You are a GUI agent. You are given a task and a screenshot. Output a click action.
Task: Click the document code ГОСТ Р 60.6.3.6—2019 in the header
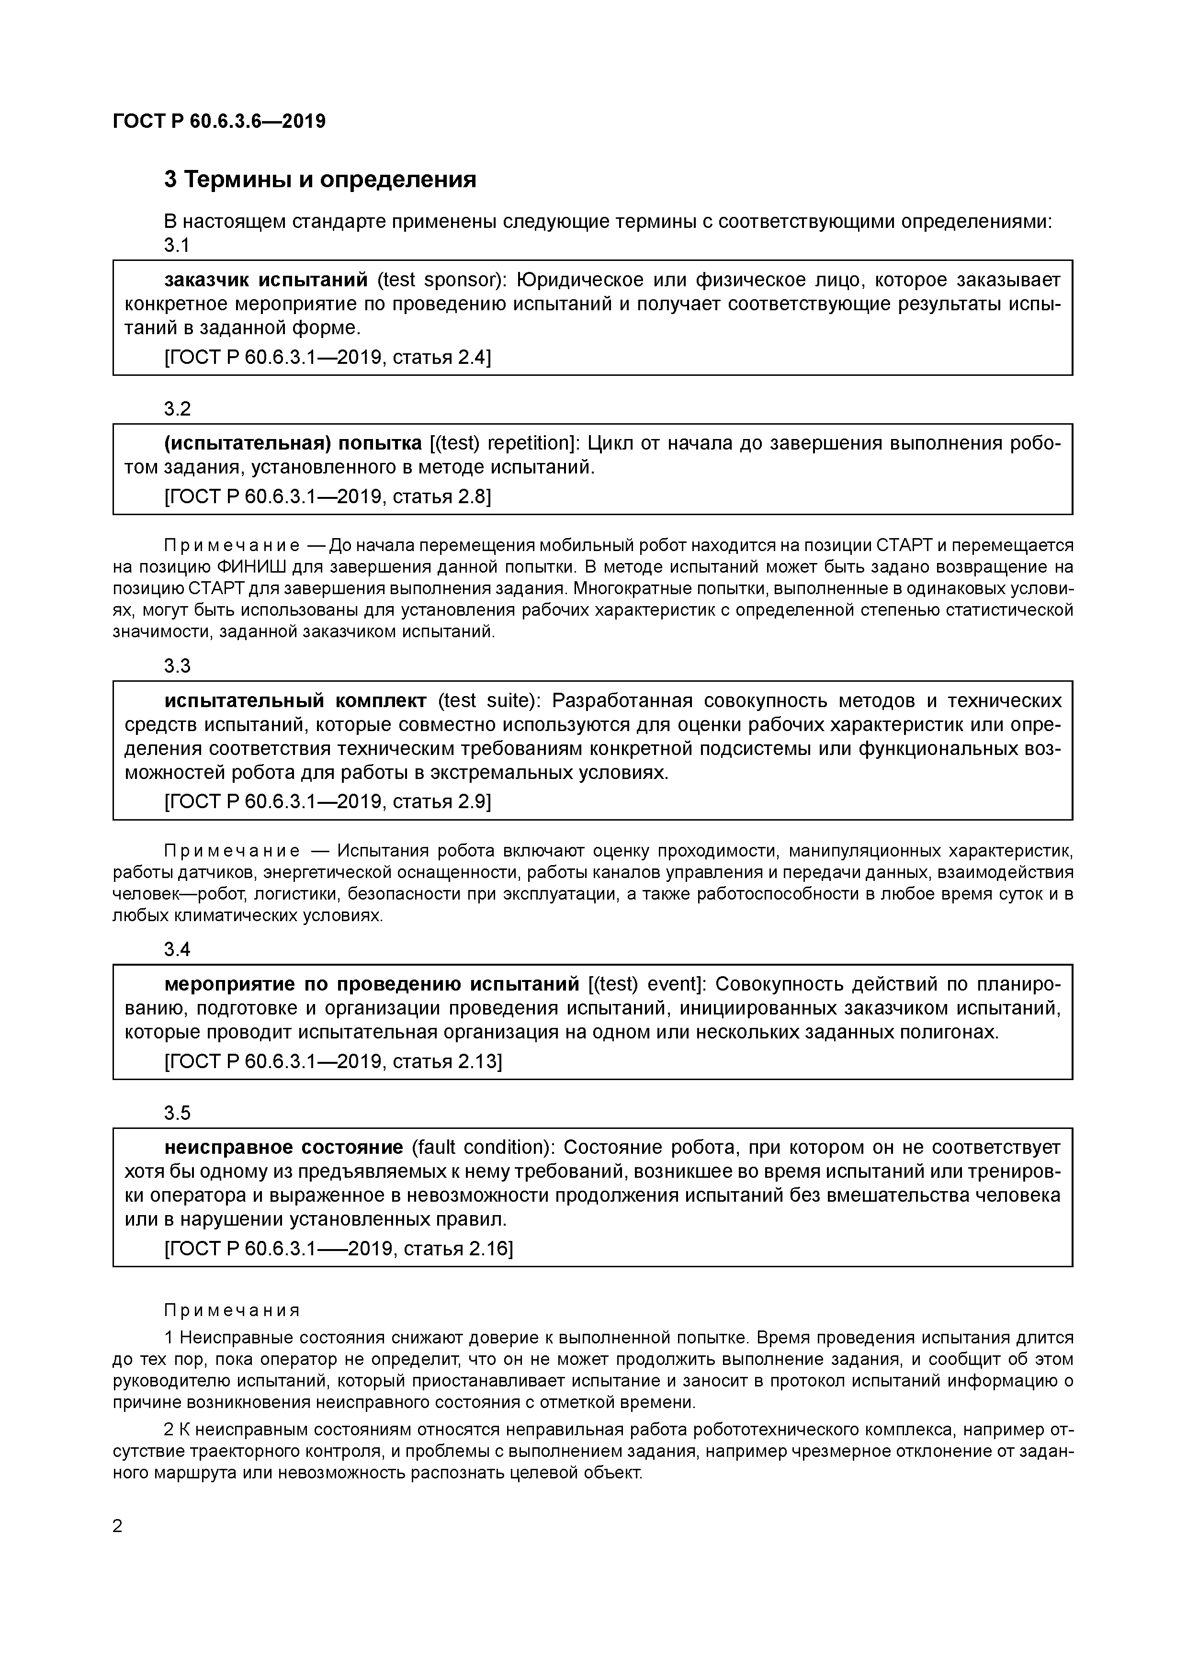[219, 122]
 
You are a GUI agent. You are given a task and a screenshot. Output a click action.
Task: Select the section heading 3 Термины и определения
[319, 179]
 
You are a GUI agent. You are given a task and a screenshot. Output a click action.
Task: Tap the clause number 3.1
[177, 246]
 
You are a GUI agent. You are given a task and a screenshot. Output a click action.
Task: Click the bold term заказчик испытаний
[265, 280]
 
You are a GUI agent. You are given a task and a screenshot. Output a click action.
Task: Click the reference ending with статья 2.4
[328, 358]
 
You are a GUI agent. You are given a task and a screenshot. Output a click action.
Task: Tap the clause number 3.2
[177, 409]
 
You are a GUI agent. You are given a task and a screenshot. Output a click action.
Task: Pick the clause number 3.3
[177, 666]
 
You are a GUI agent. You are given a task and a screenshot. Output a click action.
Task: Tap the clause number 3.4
[177, 949]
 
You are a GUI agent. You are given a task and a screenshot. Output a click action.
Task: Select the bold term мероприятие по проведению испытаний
[372, 984]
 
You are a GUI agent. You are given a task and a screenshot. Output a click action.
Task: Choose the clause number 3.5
[177, 1113]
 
